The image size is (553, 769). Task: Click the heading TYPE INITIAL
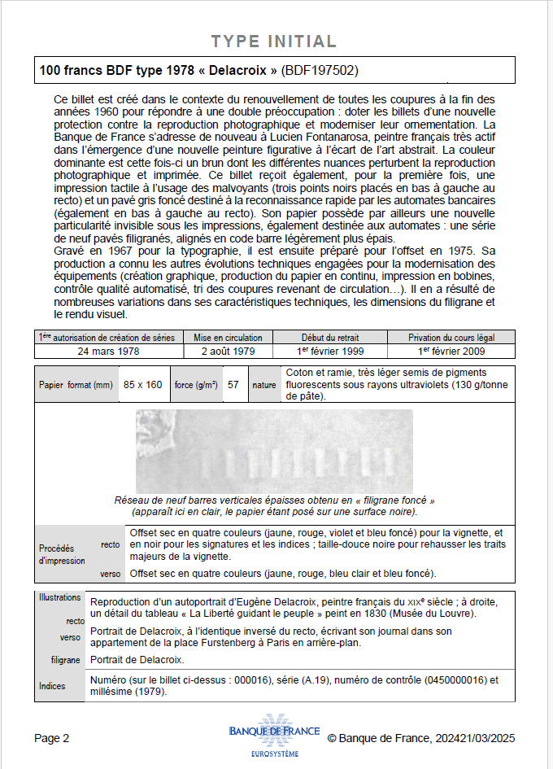pos(273,42)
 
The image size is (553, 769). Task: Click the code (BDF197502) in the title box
pos(320,71)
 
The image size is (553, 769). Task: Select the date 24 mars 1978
pos(108,352)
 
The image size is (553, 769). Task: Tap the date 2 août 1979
pos(228,352)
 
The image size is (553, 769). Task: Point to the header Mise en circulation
pos(228,338)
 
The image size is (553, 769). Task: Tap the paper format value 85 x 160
pos(143,385)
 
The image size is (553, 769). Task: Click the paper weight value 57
pos(233,385)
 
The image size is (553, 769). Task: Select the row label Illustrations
pos(60,597)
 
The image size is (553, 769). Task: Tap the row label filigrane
pos(65,660)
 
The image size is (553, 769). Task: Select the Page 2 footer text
pos(52,738)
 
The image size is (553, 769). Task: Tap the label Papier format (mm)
pos(76,385)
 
